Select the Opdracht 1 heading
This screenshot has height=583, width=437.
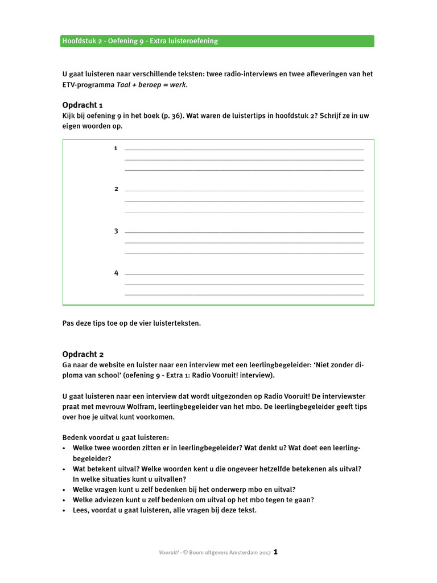(x=83, y=105)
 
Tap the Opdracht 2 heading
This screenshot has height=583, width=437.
(x=83, y=354)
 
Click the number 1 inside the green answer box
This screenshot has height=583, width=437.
(x=116, y=148)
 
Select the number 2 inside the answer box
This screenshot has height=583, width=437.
(x=116, y=189)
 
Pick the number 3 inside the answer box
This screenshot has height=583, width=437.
(x=116, y=231)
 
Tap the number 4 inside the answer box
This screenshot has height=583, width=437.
(x=116, y=273)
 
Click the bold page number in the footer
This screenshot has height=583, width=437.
(x=275, y=552)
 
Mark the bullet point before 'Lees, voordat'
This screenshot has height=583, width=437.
(x=64, y=510)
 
